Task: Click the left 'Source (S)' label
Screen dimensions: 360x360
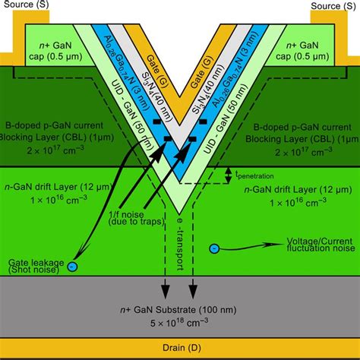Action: (x=30, y=5)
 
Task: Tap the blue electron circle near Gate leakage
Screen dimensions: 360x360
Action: (x=72, y=266)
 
